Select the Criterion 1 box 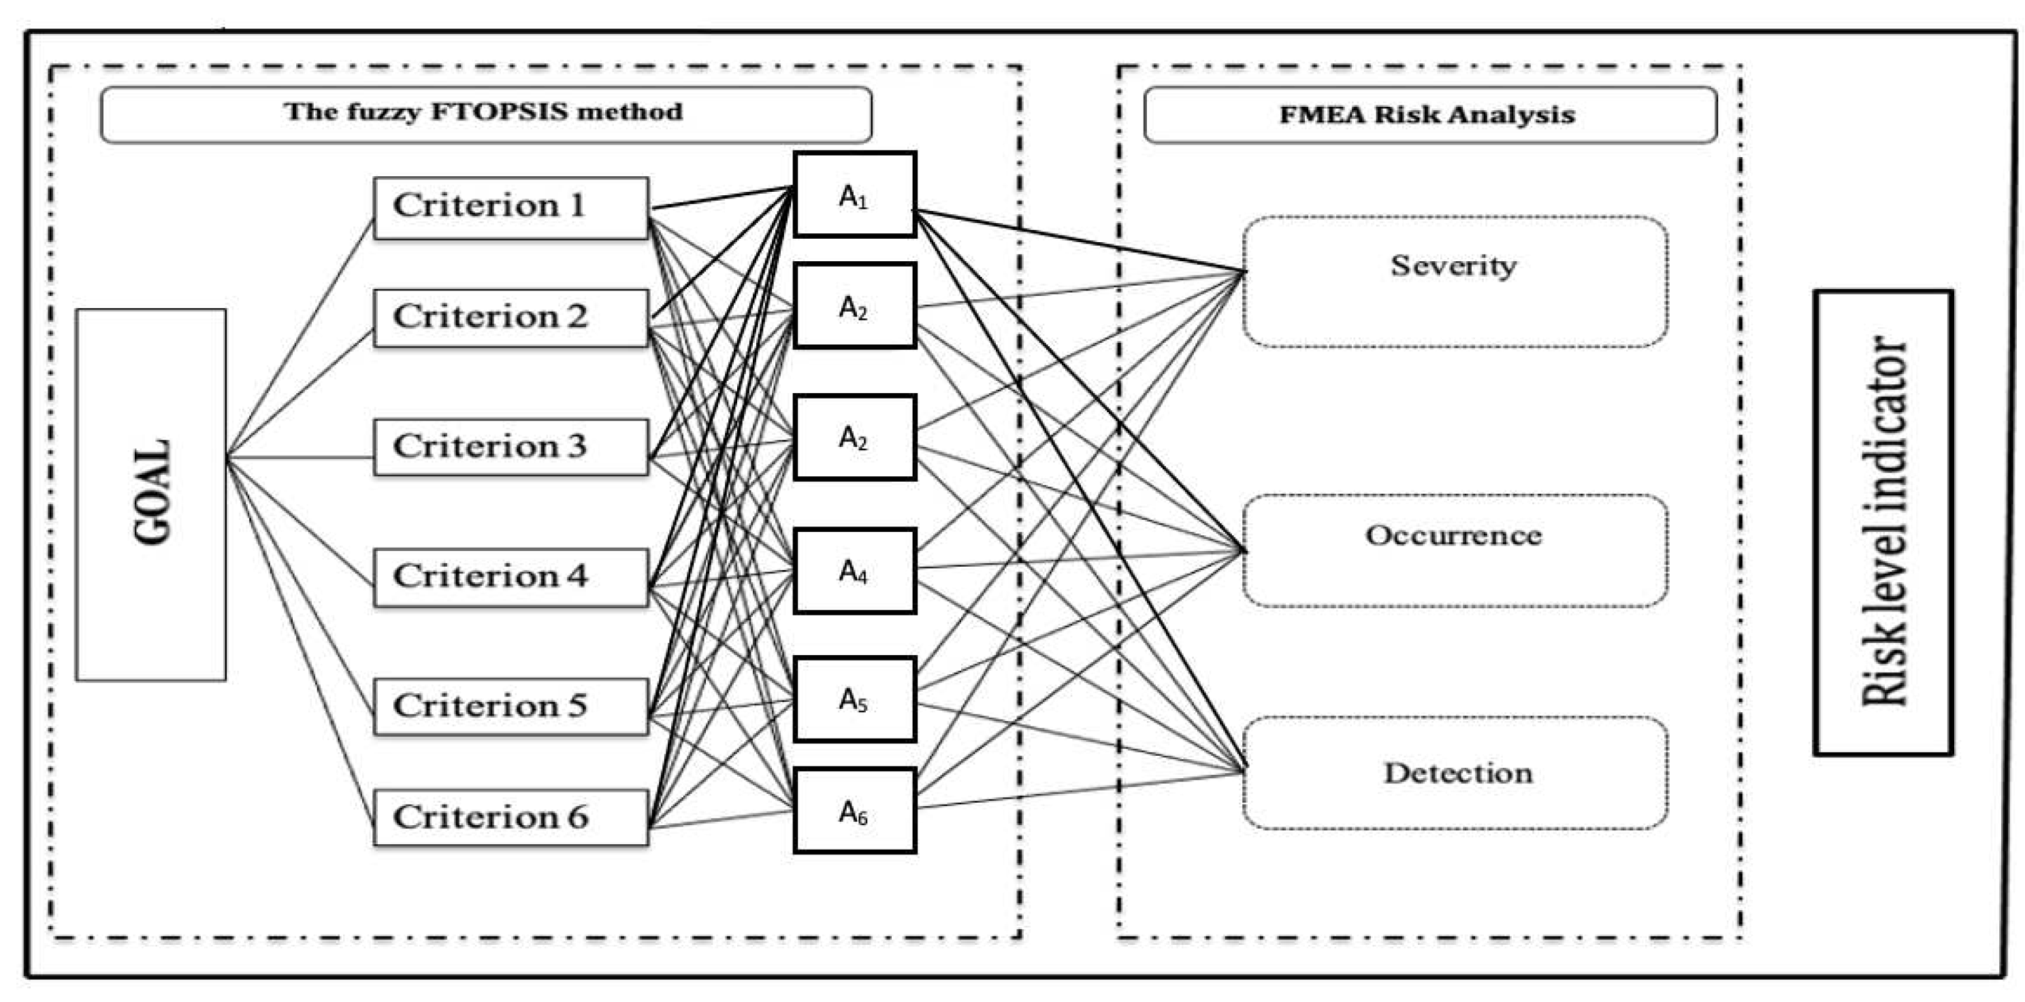511,207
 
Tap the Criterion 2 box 511,318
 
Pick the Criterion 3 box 511,447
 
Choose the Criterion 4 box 511,577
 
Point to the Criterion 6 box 511,818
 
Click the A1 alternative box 854,194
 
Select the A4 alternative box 854,571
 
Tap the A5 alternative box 854,699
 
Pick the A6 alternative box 854,810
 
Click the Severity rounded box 1455,282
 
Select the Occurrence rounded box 1455,550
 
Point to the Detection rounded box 1455,773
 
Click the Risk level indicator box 1883,522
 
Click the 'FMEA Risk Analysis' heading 1427,115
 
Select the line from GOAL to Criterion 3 299,456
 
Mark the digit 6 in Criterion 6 578,818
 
